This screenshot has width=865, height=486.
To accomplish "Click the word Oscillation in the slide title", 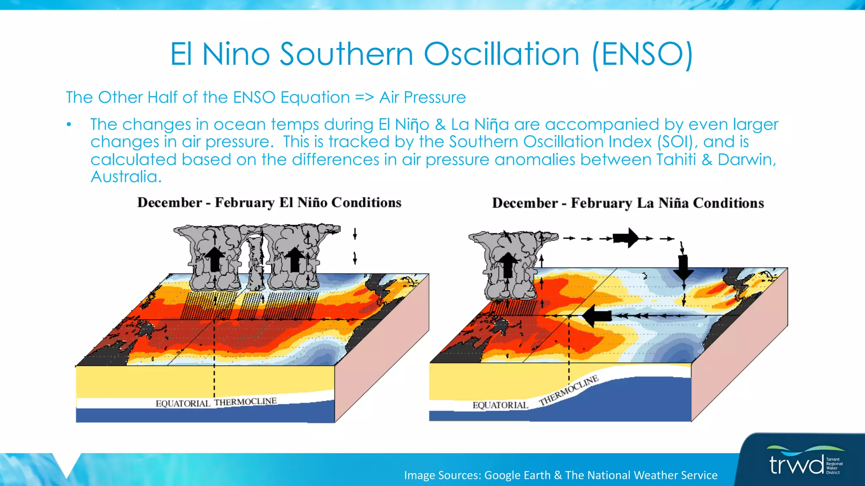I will (501, 54).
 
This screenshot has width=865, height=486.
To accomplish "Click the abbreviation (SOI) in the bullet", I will (675, 142).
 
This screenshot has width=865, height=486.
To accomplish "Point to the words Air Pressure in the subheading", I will (422, 97).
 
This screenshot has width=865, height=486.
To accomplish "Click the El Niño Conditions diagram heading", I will (269, 202).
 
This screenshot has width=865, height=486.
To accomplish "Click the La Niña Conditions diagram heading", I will (628, 203).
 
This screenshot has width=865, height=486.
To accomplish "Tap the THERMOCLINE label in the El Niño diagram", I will (245, 402).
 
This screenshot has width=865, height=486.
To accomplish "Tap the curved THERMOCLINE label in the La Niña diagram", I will (569, 390).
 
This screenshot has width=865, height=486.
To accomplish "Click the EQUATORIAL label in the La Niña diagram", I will (500, 405).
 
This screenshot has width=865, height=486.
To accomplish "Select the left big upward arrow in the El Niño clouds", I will (215, 259).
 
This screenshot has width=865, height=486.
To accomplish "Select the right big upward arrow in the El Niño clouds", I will (295, 259).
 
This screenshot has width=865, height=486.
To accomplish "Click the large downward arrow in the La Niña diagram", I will (683, 267).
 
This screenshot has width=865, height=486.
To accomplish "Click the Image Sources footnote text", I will (560, 475).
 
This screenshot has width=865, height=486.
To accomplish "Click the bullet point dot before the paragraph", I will (69, 124).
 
